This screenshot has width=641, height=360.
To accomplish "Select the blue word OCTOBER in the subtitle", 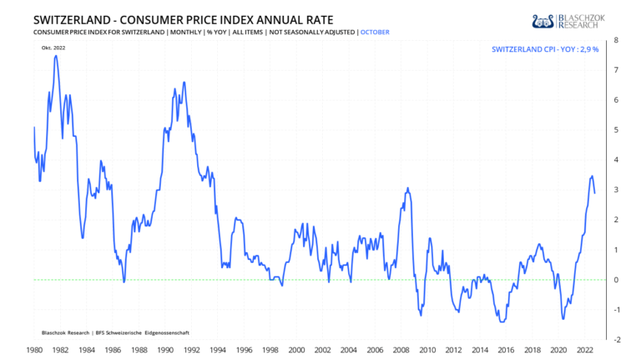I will pyautogui.click(x=375, y=32).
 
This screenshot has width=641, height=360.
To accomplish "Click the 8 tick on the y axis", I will pyautogui.click(x=616, y=39).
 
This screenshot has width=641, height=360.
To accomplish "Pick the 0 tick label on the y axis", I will pyautogui.click(x=616, y=280).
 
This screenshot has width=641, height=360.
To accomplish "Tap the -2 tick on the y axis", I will pyautogui.click(x=614, y=340).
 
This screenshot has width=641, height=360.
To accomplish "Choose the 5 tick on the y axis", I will pyautogui.click(x=616, y=129).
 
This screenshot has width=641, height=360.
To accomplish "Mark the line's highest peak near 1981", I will pyautogui.click(x=55, y=56).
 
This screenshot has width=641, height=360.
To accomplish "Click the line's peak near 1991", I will pyautogui.click(x=184, y=84).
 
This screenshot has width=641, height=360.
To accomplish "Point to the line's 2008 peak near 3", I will pyautogui.click(x=407, y=188).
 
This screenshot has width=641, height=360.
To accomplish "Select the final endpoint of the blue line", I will pyautogui.click(x=595, y=193).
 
